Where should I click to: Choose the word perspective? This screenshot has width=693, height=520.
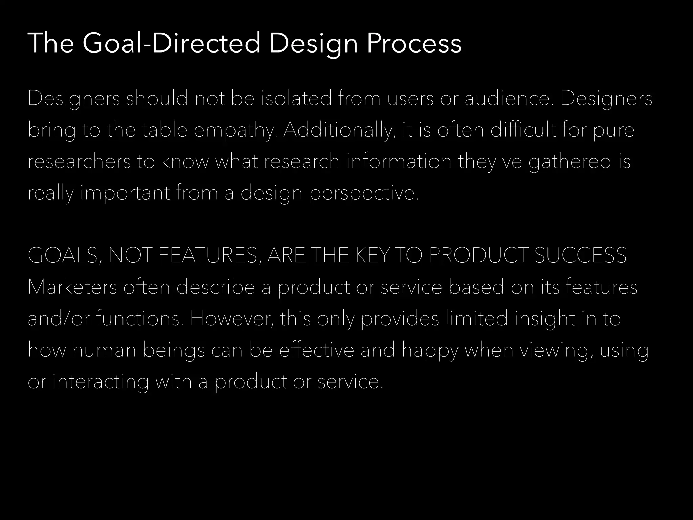pos(364,193)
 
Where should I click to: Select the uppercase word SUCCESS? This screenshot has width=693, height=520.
pos(580,255)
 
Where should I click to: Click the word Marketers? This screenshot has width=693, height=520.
pos(72,287)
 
